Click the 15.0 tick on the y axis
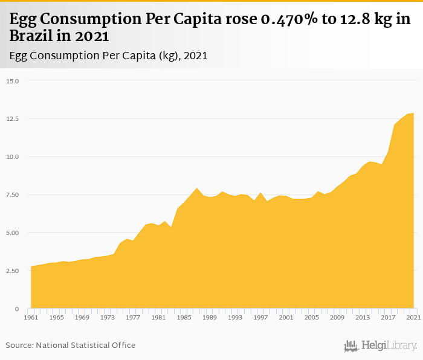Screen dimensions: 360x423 pos(13,81)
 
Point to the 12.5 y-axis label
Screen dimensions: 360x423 pos(13,119)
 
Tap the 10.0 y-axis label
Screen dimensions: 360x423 pos(13,157)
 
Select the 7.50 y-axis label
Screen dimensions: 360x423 pos(13,195)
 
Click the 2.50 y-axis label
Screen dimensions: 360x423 pos(13,271)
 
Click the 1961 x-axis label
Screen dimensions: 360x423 pos(31,318)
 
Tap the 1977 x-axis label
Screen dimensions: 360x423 pos(133,318)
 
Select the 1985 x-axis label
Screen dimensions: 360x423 pos(184,318)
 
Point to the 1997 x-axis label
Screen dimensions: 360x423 pos(260,318)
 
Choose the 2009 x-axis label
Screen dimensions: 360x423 pos(337,318)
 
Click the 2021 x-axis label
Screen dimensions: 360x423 pos(413,318)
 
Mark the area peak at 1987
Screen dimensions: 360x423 pos(197,188)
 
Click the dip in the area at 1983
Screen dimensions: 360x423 pos(172,227)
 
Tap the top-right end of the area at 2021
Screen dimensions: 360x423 pos(413,114)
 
